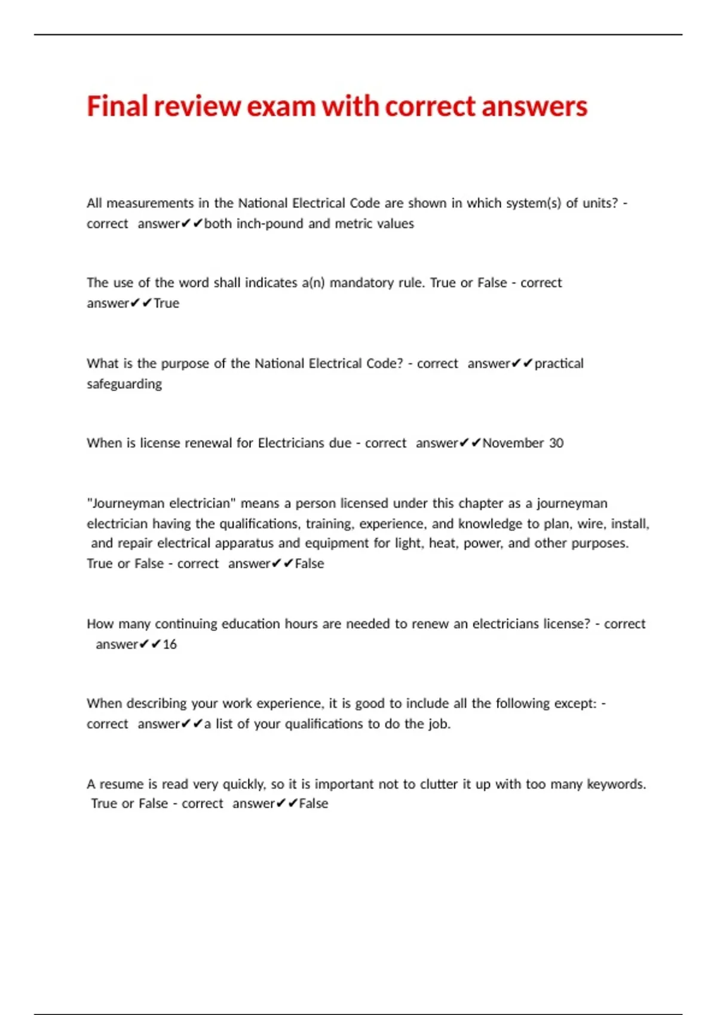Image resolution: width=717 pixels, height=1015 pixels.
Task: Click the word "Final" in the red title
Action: pos(117,106)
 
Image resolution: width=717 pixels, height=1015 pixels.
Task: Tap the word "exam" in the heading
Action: pos(281,106)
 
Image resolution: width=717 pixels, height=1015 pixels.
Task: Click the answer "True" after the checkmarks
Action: pos(167,303)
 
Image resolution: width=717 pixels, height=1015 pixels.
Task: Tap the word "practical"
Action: pos(559,363)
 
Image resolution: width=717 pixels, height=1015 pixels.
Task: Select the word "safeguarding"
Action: pos(124,384)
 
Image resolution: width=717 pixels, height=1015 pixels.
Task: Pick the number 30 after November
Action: pos(556,443)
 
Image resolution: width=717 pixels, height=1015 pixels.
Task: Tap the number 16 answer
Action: pos(170,644)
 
